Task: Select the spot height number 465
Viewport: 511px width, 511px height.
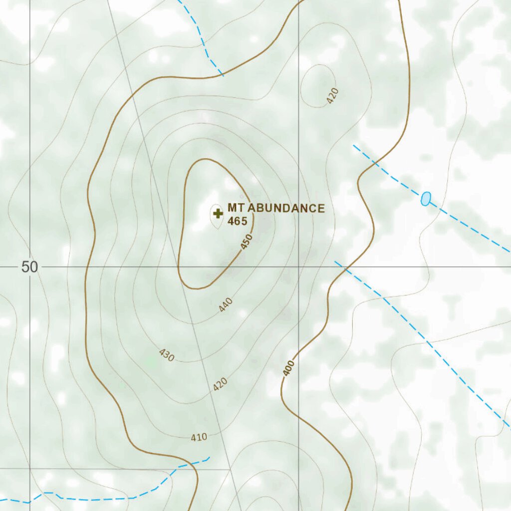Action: [x=237, y=221]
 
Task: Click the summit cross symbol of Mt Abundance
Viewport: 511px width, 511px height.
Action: [x=218, y=214]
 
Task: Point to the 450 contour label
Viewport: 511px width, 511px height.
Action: [x=247, y=242]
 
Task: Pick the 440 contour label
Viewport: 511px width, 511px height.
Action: [x=226, y=304]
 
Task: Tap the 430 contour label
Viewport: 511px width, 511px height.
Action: [x=167, y=355]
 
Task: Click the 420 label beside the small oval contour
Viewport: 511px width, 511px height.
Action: [x=333, y=95]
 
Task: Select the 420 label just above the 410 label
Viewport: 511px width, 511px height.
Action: [x=220, y=384]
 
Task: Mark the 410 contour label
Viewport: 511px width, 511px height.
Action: [x=199, y=438]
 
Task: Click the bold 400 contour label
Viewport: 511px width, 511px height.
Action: [x=288, y=368]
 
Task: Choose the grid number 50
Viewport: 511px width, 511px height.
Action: [x=29, y=267]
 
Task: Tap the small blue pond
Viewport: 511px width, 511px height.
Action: [x=425, y=199]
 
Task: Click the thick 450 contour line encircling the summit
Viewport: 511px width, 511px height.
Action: [x=182, y=225]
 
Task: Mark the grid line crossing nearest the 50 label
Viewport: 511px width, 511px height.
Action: [x=30, y=267]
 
